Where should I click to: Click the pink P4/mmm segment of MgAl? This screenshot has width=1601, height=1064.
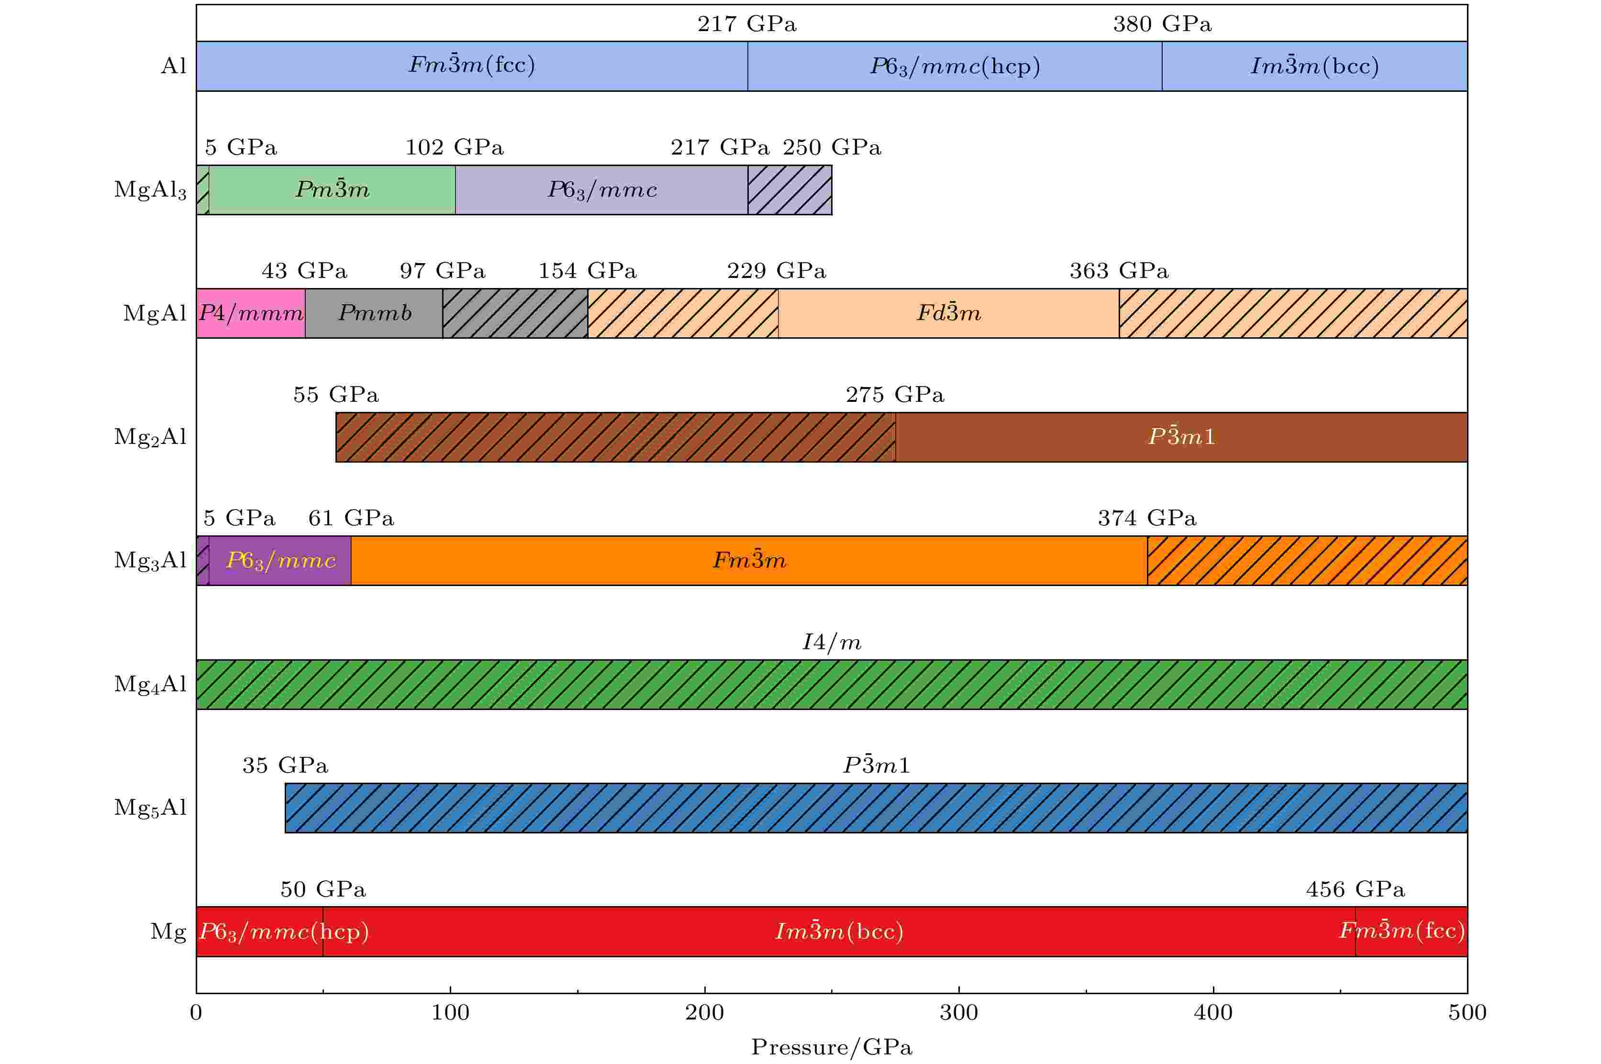pos(250,313)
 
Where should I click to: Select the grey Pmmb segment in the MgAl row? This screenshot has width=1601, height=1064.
pos(374,313)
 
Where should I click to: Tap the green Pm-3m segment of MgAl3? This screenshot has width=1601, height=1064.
pos(332,189)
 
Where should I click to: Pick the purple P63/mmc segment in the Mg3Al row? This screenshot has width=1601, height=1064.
pos(280,561)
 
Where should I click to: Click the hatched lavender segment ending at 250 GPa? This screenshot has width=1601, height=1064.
pos(789,189)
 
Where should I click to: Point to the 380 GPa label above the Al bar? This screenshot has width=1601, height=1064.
pos(1162,24)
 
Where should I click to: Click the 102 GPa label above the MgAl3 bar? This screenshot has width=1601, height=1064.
pos(454,147)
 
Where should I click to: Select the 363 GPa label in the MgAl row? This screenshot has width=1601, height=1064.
pos(1119,271)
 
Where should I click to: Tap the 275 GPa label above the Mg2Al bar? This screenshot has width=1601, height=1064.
pos(894,394)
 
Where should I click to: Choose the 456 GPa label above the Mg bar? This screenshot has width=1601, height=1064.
pos(1355,889)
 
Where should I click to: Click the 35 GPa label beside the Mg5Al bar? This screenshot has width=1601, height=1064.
pos(285,765)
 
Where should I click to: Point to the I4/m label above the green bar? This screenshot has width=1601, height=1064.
pos(832,642)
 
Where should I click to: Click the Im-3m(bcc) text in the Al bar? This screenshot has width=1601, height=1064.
pos(1314,66)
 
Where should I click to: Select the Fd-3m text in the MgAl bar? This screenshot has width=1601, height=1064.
pos(948,313)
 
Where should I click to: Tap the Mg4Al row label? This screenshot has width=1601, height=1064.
pos(150,684)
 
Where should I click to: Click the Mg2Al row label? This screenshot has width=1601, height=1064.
pos(150,436)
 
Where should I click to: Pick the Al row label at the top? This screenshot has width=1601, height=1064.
pos(173,66)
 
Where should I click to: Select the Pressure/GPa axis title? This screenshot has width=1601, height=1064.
pos(832,1047)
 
